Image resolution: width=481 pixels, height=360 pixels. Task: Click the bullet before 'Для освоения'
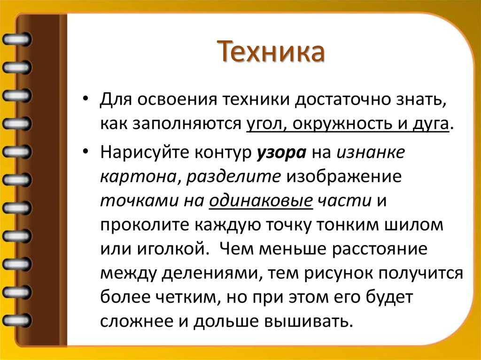(x=85, y=101)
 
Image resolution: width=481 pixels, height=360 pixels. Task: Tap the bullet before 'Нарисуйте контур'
(x=85, y=153)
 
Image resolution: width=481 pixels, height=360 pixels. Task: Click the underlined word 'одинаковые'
(x=261, y=201)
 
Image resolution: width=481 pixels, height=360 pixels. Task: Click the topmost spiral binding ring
(x=16, y=38)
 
